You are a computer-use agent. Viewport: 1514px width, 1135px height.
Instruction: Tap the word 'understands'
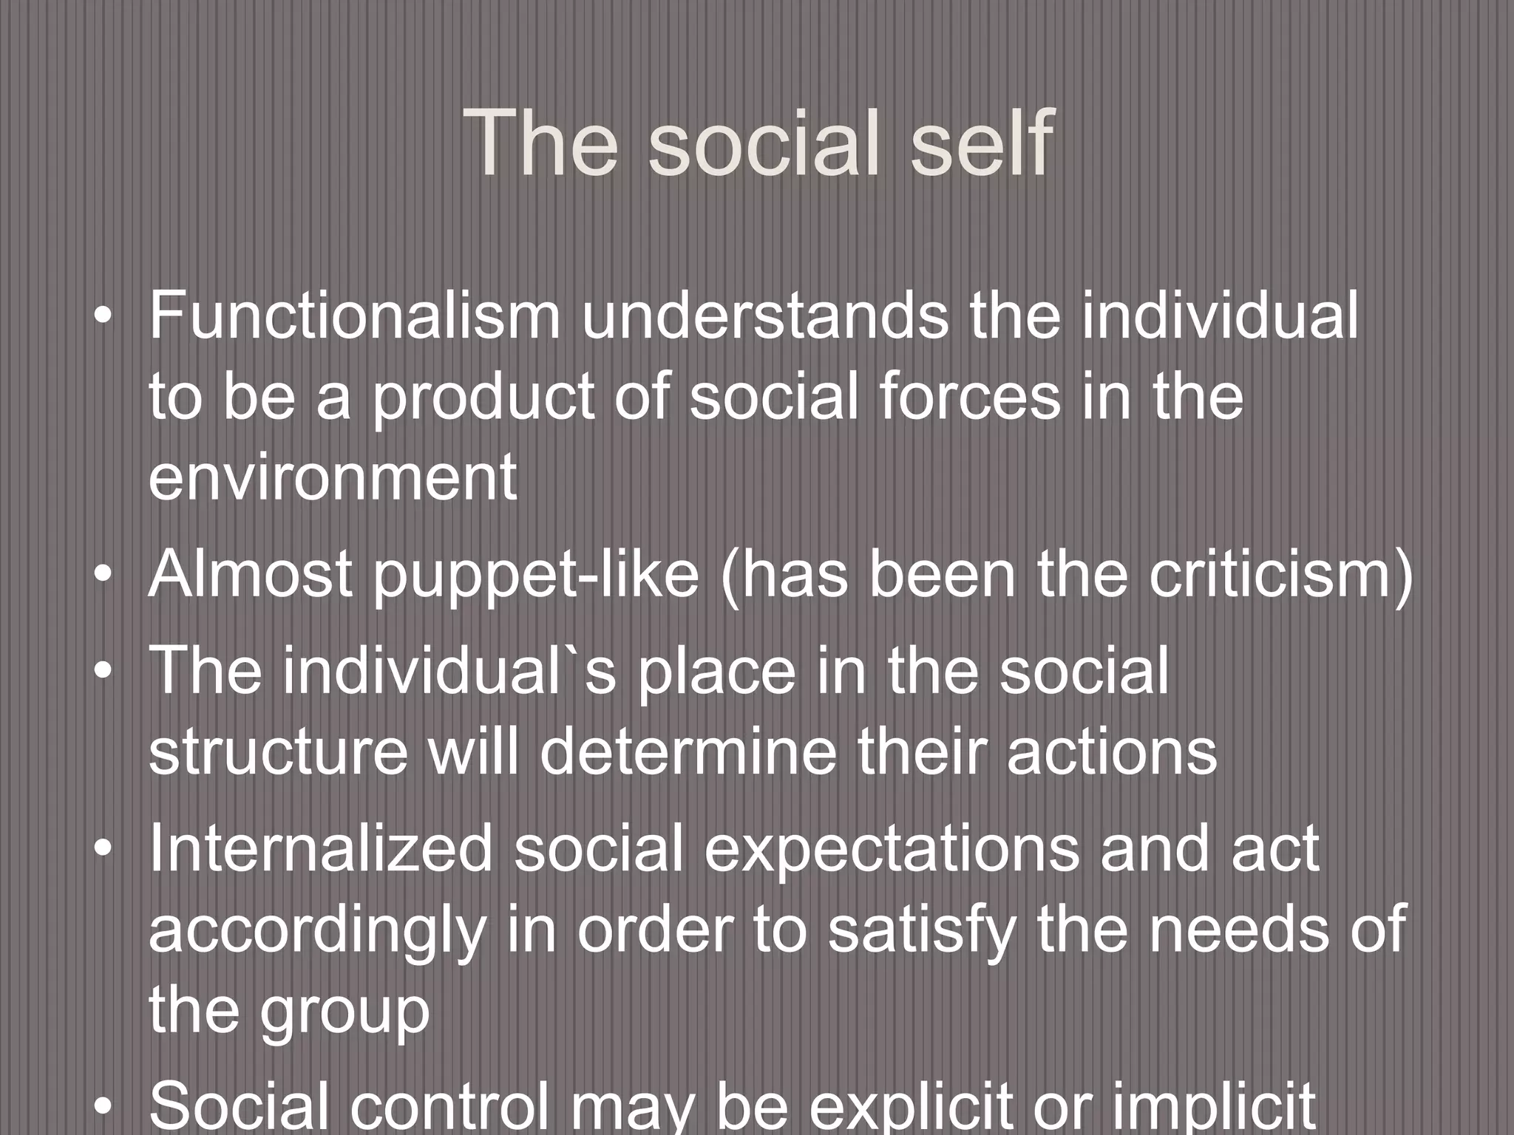(764, 316)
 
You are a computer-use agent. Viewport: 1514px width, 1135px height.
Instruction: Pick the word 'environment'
(333, 478)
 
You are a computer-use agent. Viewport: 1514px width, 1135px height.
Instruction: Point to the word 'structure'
(278, 752)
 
